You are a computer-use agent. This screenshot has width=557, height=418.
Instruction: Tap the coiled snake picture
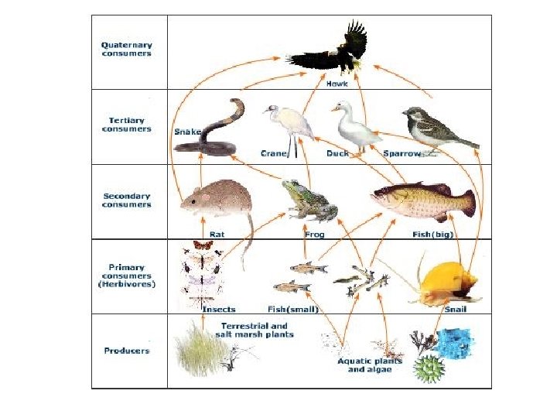tap(213, 128)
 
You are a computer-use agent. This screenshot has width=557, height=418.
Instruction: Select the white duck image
tap(354, 125)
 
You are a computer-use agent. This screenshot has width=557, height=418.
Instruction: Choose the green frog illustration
tap(307, 200)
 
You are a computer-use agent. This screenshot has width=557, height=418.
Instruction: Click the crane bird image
tap(286, 124)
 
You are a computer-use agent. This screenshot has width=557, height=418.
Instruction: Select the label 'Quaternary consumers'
tap(127, 49)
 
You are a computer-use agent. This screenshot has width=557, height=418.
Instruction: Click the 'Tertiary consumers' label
tap(127, 124)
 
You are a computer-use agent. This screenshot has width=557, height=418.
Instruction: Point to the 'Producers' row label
tap(127, 351)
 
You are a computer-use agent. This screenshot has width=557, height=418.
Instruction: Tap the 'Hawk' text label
tap(337, 84)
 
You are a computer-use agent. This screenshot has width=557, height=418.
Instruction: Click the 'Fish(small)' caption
tap(293, 309)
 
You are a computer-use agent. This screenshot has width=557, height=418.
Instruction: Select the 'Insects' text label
tap(219, 309)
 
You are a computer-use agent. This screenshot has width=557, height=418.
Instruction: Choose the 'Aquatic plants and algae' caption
tap(364, 365)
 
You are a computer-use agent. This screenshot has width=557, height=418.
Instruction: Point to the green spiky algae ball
tap(427, 368)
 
